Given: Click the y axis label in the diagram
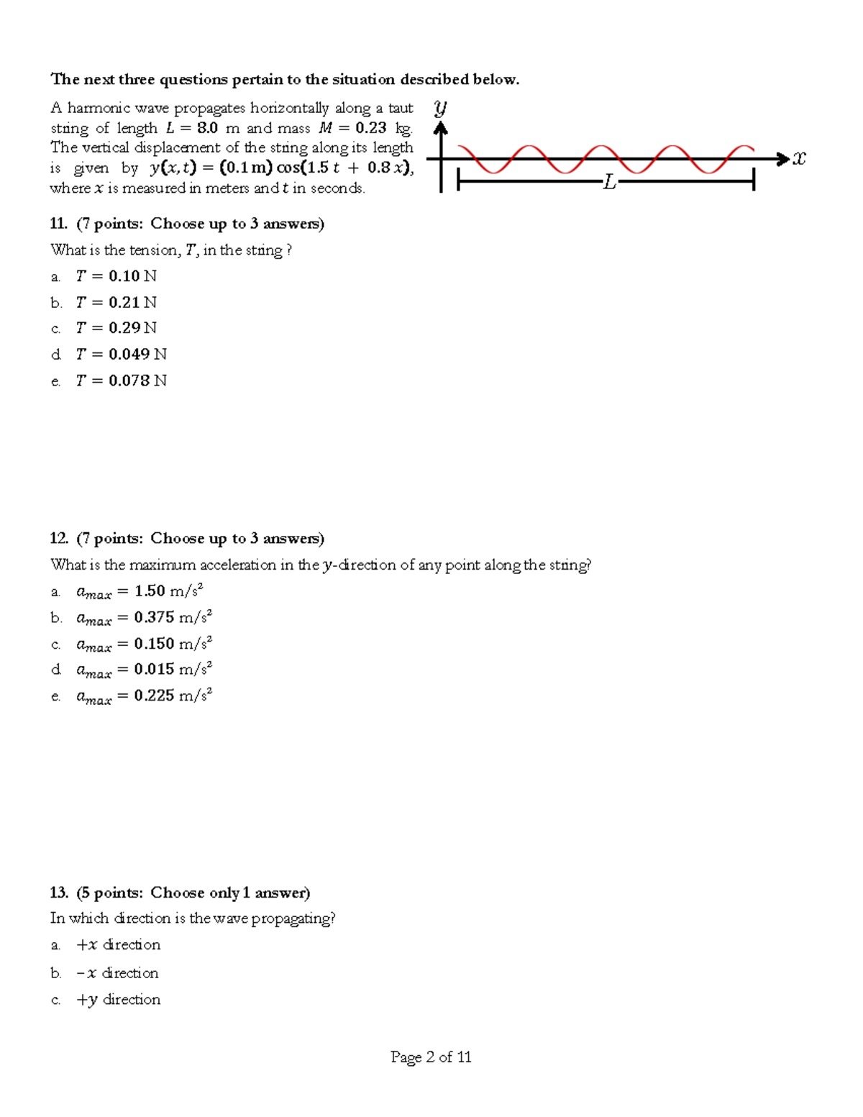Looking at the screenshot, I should click(440, 109).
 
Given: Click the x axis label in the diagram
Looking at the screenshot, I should click(799, 158).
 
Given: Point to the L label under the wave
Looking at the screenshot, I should click(610, 183).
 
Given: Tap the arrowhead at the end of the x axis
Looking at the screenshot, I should click(783, 159).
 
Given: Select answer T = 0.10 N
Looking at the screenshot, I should click(116, 276).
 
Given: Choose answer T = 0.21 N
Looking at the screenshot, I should click(116, 303).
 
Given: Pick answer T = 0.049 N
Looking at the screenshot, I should click(121, 355).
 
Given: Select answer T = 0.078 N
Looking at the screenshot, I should click(121, 380).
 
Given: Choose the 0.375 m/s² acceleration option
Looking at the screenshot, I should click(173, 617).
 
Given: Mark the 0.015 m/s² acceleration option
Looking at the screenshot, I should click(173, 670).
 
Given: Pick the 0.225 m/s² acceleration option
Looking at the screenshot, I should click(173, 696).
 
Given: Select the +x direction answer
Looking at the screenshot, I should click(118, 944).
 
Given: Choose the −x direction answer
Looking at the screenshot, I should click(117, 972).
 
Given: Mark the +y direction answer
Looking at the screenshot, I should click(118, 999).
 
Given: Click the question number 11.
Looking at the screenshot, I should click(58, 224).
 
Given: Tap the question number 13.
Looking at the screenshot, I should click(58, 893).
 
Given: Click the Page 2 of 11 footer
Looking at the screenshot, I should click(431, 1057).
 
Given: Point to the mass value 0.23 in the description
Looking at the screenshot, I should click(370, 129).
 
